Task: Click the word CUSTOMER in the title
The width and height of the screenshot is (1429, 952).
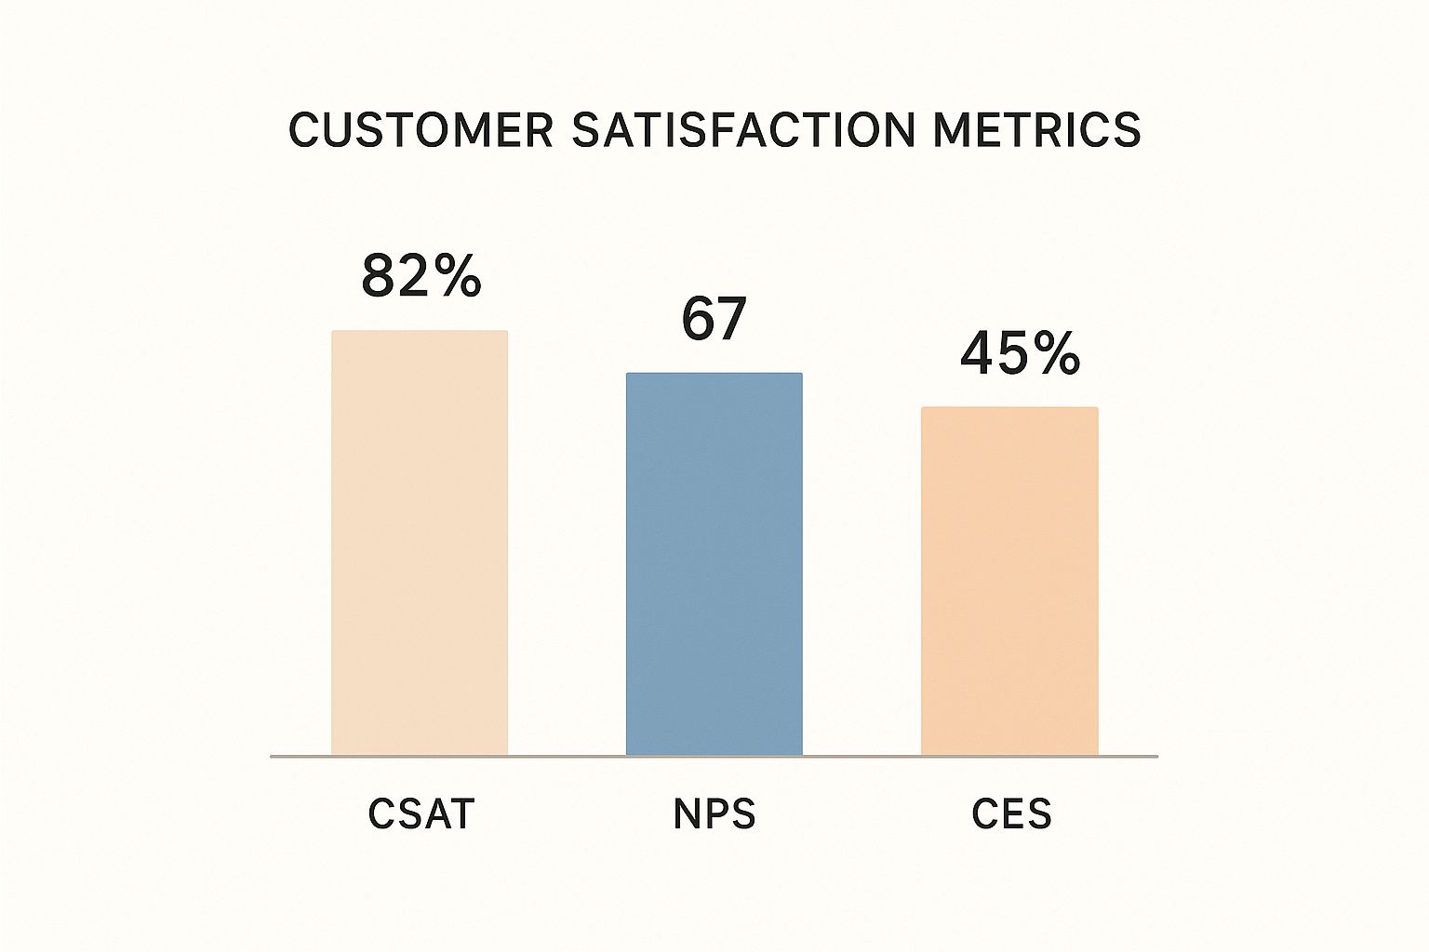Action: tap(421, 130)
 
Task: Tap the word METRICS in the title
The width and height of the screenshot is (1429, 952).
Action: tap(1036, 130)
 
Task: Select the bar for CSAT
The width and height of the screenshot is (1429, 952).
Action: tap(420, 543)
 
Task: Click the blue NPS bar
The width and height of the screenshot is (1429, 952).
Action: tap(714, 564)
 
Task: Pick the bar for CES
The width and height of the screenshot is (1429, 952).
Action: tap(1009, 581)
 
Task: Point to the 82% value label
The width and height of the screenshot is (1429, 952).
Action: tap(421, 276)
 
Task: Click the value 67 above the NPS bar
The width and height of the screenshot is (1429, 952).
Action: tap(714, 319)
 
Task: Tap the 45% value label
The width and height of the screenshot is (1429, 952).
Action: tap(1020, 354)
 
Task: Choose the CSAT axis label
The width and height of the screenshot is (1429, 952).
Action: tap(421, 814)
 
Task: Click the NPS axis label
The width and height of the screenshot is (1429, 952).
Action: tap(714, 814)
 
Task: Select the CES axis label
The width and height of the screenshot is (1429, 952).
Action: tap(1011, 814)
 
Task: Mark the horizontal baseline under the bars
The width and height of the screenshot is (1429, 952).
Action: tap(714, 757)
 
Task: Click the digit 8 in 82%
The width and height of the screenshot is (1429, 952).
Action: tap(379, 276)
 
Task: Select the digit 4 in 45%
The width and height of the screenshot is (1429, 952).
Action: tap(978, 354)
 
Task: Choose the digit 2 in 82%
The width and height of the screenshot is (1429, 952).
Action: tap(415, 276)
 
